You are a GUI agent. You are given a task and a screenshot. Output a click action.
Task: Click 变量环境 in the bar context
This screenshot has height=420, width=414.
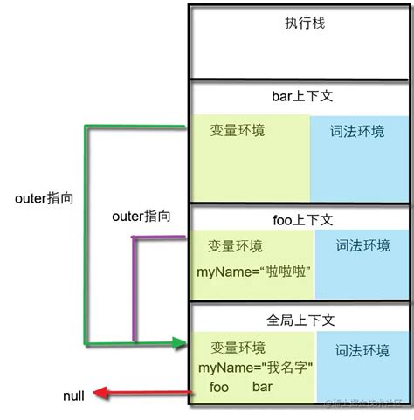click(238, 130)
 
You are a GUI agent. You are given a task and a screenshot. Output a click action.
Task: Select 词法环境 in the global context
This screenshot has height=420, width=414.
click(361, 350)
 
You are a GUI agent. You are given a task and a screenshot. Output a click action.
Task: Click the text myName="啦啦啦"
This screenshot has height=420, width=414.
click(254, 272)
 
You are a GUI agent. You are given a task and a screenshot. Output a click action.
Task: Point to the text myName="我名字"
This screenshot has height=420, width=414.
click(256, 367)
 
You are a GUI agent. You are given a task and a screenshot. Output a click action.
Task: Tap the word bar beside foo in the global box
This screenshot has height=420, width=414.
click(265, 386)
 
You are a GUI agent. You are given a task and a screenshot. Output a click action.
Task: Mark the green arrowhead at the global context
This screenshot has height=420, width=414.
click(181, 342)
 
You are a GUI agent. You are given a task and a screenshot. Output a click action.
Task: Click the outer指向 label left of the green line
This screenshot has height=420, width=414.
click(45, 198)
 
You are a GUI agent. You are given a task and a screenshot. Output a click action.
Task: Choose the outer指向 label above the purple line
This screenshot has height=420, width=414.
click(141, 215)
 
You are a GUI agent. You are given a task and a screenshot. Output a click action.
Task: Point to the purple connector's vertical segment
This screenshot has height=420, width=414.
click(134, 288)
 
